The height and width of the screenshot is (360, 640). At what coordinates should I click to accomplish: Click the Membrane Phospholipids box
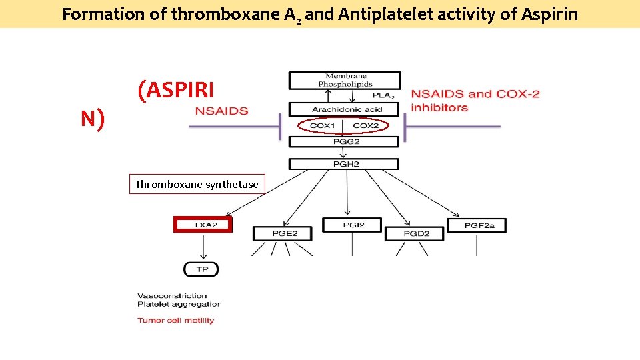tap(344, 80)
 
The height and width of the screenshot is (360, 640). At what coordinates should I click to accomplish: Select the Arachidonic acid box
tap(344, 109)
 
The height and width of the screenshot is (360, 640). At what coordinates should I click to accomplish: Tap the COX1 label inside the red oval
tap(322, 126)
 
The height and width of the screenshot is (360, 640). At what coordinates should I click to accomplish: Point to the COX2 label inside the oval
tap(366, 126)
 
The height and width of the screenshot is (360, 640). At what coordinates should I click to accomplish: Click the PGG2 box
tap(344, 141)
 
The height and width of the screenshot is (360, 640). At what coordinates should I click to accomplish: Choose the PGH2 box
tap(344, 164)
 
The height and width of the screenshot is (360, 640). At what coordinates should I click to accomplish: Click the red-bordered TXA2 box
tap(203, 225)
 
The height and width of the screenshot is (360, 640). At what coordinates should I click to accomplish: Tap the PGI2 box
tap(353, 225)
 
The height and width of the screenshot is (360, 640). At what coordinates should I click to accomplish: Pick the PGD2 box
tap(416, 233)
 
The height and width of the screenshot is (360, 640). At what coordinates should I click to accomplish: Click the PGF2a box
tap(476, 225)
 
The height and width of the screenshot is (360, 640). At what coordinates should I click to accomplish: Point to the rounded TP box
tap(201, 269)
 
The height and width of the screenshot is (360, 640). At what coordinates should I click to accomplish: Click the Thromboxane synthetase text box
tap(197, 184)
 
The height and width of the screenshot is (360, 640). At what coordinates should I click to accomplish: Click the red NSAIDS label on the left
tap(221, 111)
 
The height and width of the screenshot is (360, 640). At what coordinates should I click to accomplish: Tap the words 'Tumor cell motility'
tap(176, 320)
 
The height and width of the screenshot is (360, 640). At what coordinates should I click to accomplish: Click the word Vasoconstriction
tap(172, 295)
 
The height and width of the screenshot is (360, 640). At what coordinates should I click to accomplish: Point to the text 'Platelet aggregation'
tap(179, 304)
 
